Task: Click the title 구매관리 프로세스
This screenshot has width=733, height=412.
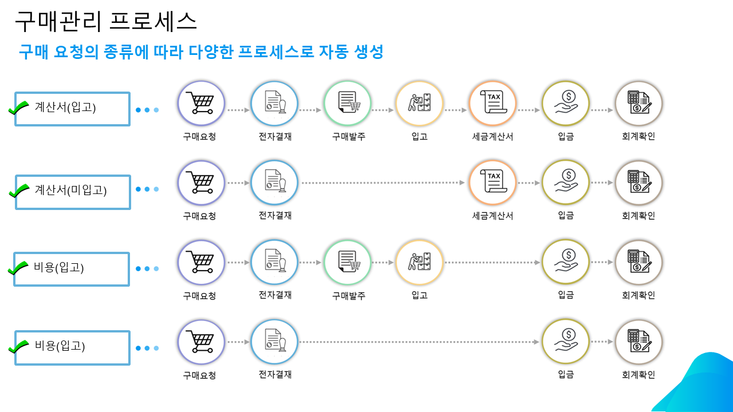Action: pyautogui.click(x=105, y=21)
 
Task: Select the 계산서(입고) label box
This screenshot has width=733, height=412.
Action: pyautogui.click(x=73, y=108)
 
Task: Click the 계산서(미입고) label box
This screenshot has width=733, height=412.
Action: pyautogui.click(x=73, y=192)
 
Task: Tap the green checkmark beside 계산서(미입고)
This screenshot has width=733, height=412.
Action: pyautogui.click(x=19, y=190)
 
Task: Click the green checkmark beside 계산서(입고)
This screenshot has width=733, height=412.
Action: pyautogui.click(x=19, y=107)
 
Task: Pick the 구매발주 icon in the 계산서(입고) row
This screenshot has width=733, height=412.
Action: pyautogui.click(x=348, y=104)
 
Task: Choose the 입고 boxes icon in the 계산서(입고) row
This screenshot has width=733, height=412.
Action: pyautogui.click(x=420, y=104)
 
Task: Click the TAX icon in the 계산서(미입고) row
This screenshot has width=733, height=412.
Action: pyautogui.click(x=492, y=183)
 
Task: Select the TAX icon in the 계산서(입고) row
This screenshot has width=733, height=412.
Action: pyautogui.click(x=492, y=104)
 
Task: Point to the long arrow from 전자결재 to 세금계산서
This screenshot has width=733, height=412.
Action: pyautogui.click(x=383, y=183)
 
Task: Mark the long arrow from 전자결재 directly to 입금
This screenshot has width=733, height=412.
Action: pyautogui.click(x=419, y=342)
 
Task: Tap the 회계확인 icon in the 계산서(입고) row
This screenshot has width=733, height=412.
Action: pyautogui.click(x=639, y=104)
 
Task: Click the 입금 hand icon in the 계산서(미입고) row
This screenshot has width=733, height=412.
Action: pyautogui.click(x=566, y=183)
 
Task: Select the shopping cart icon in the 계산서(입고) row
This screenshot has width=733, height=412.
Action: pyautogui.click(x=201, y=104)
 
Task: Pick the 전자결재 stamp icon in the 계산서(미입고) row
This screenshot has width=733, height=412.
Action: pyautogui.click(x=274, y=183)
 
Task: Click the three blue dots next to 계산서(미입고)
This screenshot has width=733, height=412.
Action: pyautogui.click(x=147, y=189)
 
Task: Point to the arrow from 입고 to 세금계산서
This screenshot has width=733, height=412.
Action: pyautogui.click(x=456, y=110)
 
